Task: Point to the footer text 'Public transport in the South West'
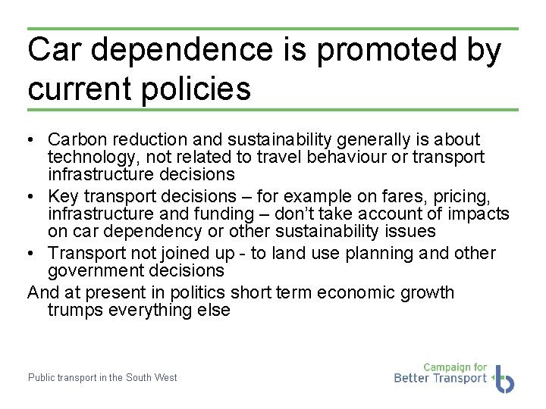[102, 377]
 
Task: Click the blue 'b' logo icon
[504, 378]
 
